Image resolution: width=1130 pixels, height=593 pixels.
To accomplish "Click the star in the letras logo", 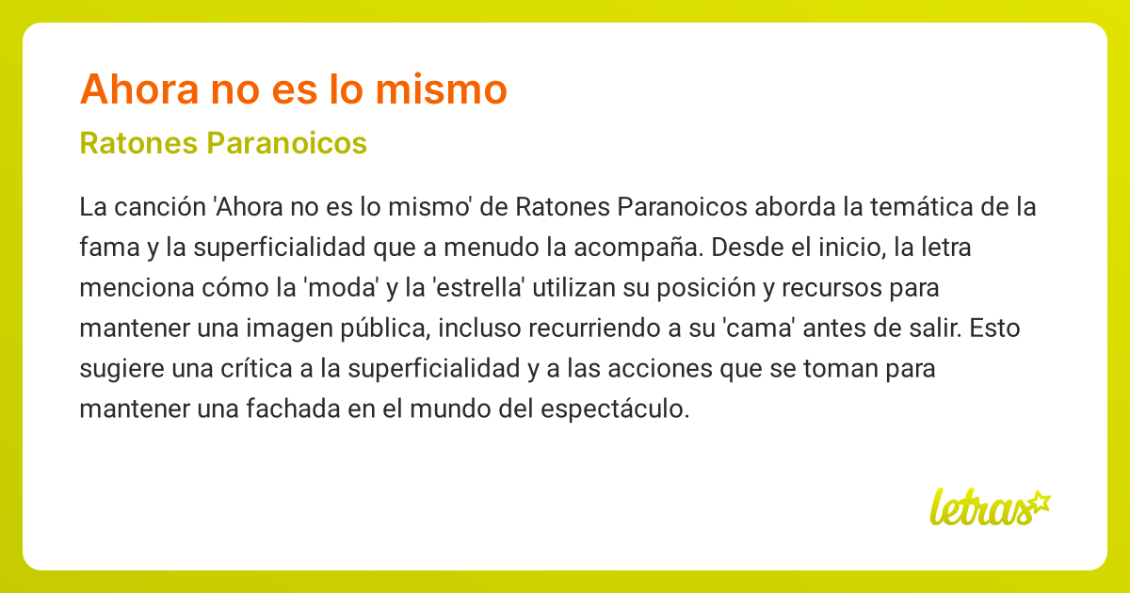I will (1039, 502).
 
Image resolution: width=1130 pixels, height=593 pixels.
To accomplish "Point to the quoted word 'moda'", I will (341, 289).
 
